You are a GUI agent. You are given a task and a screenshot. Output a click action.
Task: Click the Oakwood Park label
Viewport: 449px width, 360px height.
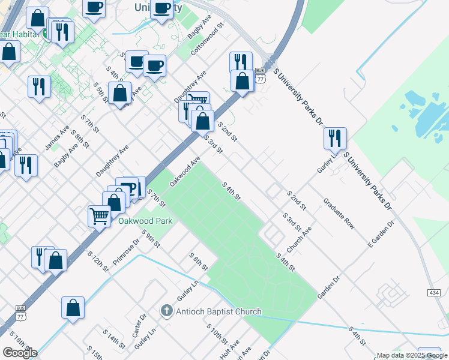[145, 221]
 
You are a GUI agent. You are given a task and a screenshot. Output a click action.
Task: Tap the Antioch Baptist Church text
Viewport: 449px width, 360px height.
[218, 311]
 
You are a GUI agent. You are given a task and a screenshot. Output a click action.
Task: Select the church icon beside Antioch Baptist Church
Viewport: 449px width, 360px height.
[167, 311]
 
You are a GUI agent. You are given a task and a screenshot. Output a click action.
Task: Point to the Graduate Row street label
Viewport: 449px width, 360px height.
[339, 213]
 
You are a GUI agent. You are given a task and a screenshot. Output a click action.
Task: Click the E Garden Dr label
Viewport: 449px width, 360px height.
[381, 234]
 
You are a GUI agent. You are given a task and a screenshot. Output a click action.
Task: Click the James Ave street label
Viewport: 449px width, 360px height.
[57, 139]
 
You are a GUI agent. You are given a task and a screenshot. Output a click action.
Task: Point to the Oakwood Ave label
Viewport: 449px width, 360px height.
[185, 172]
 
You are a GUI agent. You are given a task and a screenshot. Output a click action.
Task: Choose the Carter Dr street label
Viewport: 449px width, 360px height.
[139, 326]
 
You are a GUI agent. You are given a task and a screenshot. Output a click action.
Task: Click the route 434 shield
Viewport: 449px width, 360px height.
[435, 292]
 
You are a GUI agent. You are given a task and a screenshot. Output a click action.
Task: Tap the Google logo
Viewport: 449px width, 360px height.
[20, 353]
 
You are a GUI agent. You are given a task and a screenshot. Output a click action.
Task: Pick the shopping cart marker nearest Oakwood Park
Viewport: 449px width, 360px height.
[99, 215]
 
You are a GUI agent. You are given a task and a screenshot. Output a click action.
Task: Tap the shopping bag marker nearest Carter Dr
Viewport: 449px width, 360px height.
[73, 307]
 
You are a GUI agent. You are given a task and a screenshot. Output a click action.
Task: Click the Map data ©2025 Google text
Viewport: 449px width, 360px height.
[412, 355]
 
